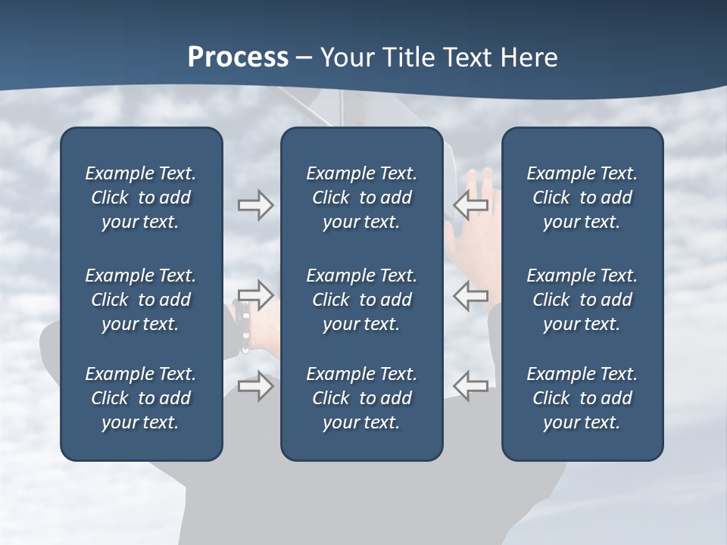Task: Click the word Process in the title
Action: coord(238,58)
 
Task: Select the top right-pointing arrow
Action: coord(256,205)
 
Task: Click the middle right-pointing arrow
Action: coord(256,294)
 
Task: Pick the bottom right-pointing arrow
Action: coord(256,386)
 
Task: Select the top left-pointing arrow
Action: coord(471,205)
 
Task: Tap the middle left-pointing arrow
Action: coord(471,294)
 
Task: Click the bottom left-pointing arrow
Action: coord(471,386)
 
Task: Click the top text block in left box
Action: coord(141,198)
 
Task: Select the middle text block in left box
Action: coord(141,300)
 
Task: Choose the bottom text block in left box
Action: coord(141,398)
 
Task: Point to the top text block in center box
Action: coord(361,198)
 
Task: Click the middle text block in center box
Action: coord(361,300)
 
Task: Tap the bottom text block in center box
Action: coord(361,398)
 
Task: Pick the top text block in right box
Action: coord(582,198)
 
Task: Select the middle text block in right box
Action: coord(582,300)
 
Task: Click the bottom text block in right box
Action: coord(582,398)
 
